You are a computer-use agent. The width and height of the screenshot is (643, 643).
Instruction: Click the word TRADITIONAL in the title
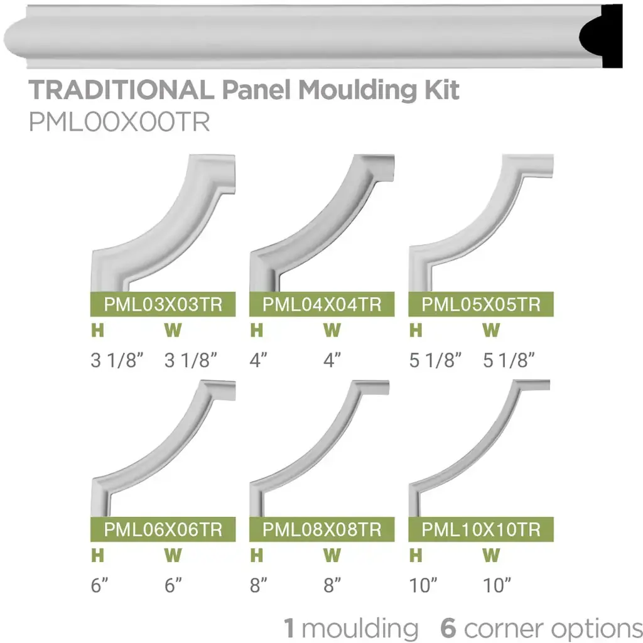121,90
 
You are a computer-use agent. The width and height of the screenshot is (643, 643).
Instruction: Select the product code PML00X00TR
119,121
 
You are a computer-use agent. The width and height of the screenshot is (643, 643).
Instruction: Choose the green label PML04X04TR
321,305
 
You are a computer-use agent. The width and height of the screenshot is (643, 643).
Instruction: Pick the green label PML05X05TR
481,305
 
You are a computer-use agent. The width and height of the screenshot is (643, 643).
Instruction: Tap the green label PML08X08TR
321,529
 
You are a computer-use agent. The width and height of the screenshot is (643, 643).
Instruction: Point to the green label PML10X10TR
481,529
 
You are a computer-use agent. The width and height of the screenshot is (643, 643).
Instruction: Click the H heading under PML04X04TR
256,330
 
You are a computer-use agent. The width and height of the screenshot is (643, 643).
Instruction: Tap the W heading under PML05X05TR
492,330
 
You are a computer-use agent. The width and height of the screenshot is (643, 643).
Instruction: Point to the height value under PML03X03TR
117,360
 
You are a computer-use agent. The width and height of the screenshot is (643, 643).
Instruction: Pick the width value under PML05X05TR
509,360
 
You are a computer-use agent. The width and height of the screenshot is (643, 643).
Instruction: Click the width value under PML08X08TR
333,586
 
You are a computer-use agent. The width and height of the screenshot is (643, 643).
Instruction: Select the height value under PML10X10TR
422,586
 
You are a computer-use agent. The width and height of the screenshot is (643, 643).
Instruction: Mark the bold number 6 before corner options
448,628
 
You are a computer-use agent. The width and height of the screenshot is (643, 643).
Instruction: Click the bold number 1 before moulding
289,628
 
